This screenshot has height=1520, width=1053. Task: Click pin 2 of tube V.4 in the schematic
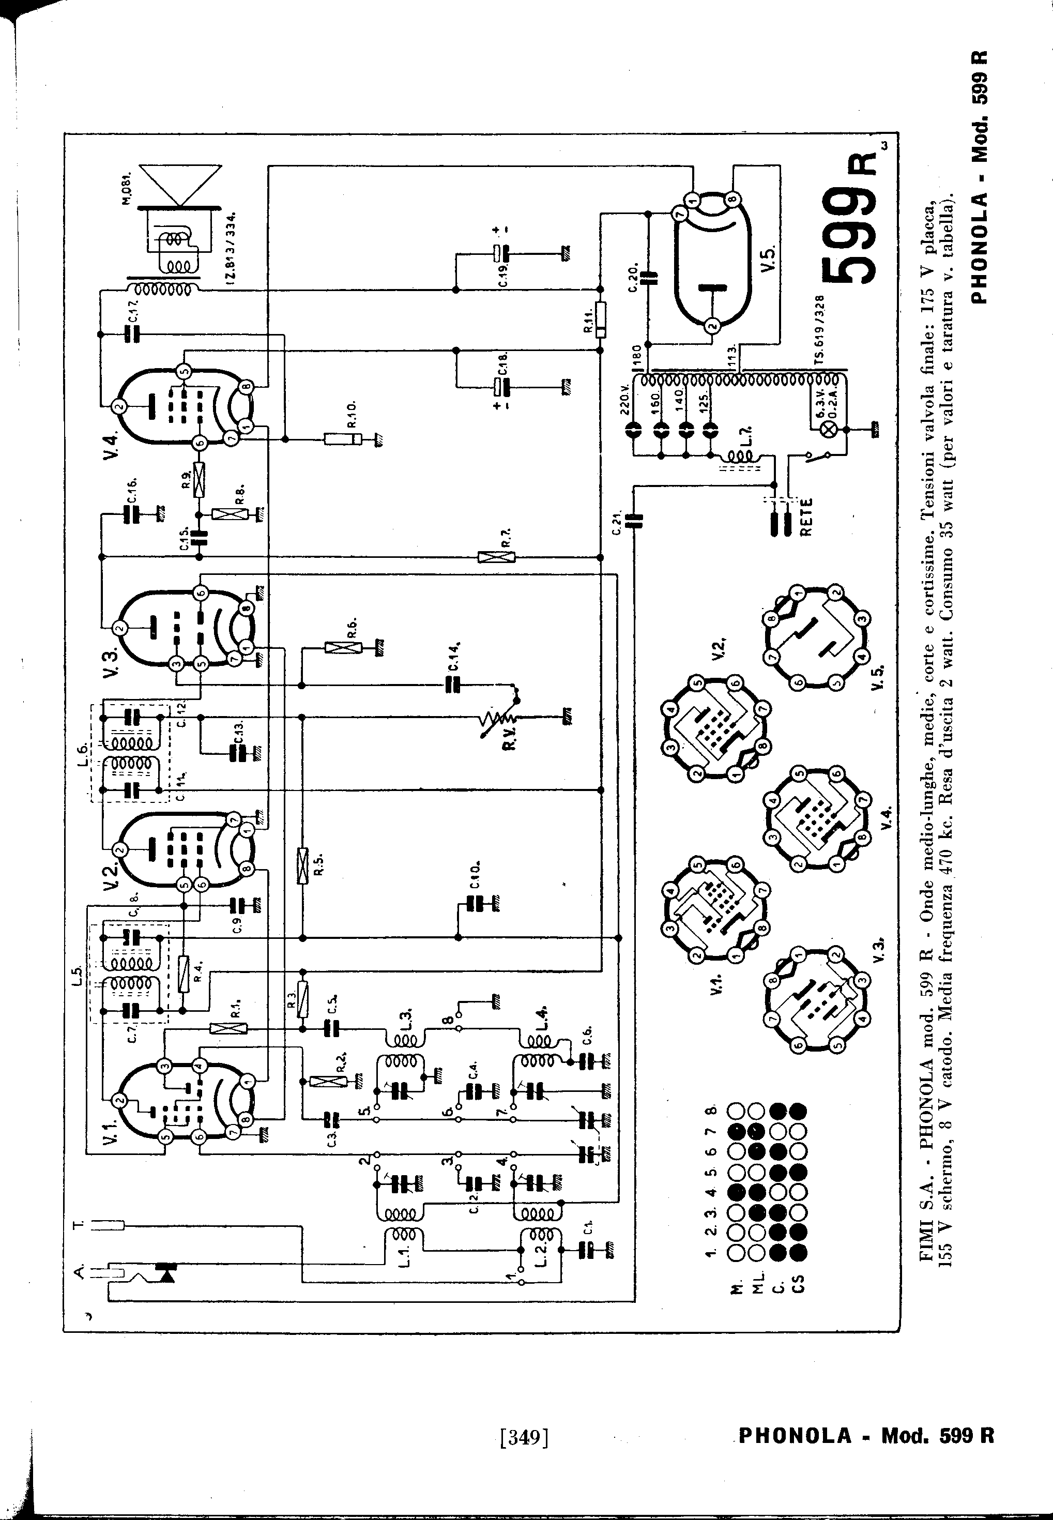[119, 407]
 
